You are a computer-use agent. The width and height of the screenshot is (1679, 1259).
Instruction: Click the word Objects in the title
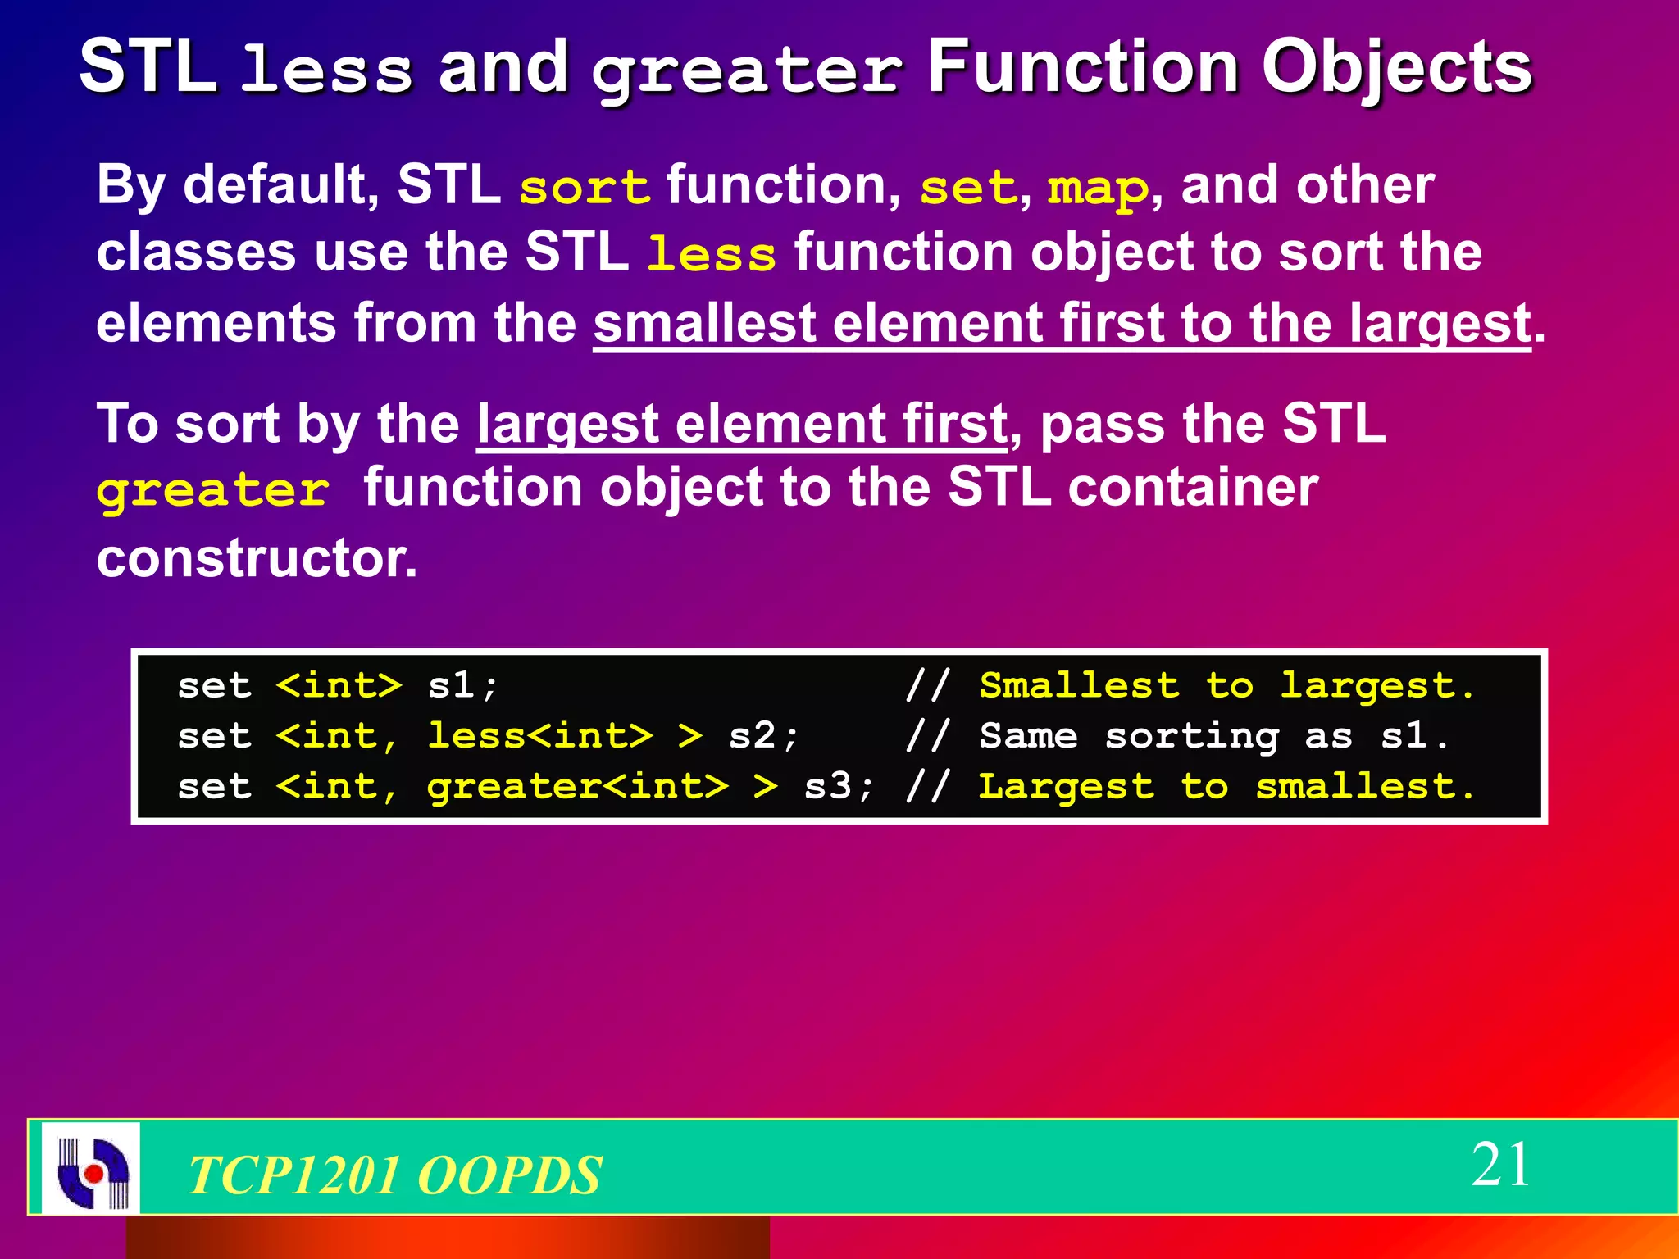[1396, 69]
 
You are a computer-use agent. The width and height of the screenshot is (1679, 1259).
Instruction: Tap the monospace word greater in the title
[748, 72]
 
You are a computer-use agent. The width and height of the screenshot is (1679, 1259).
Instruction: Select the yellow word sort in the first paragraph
[585, 188]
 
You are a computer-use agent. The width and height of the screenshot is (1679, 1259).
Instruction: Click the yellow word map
[1098, 188]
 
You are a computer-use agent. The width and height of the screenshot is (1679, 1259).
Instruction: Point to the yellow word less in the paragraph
[711, 254]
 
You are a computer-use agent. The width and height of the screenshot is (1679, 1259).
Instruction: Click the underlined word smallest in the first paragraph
[704, 323]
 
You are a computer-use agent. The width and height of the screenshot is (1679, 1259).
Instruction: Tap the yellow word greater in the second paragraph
[212, 491]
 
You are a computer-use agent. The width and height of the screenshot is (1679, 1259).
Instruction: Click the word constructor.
[257, 558]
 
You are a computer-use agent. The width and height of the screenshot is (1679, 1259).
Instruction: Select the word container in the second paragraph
[1193, 488]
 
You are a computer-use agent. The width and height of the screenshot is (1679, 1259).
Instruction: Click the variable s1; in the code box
[462, 685]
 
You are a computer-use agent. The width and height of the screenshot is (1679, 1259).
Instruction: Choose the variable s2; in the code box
[763, 736]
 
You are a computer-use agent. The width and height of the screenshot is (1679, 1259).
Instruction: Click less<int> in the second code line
[540, 736]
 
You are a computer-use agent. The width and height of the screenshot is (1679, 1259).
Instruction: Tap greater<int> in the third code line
[577, 787]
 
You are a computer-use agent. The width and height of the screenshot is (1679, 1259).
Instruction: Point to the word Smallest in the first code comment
[1079, 685]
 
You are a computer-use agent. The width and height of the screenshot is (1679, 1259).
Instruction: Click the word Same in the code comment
[1028, 736]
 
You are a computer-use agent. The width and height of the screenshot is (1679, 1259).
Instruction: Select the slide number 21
[1499, 1165]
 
